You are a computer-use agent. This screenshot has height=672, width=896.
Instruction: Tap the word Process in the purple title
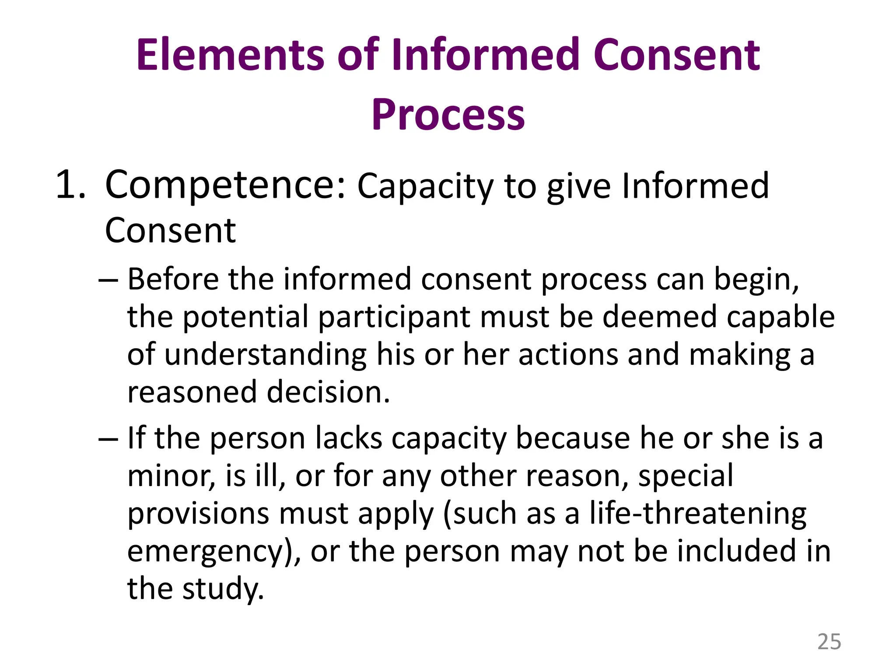(x=448, y=115)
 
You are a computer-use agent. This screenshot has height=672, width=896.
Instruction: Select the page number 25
(x=829, y=642)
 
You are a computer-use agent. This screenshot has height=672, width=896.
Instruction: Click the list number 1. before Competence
(x=70, y=185)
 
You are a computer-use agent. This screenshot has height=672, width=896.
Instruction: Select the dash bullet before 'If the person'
(x=108, y=439)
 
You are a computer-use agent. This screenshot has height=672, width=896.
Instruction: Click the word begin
(x=756, y=280)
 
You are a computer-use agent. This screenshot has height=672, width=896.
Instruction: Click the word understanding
(x=266, y=355)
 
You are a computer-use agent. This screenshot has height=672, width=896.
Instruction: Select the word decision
(x=328, y=392)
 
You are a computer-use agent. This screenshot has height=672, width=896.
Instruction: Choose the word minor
(x=171, y=476)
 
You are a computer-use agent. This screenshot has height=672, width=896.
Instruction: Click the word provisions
(x=198, y=514)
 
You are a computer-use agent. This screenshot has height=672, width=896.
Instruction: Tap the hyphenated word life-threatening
(x=697, y=514)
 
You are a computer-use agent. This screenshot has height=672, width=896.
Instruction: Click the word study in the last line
(x=223, y=589)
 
